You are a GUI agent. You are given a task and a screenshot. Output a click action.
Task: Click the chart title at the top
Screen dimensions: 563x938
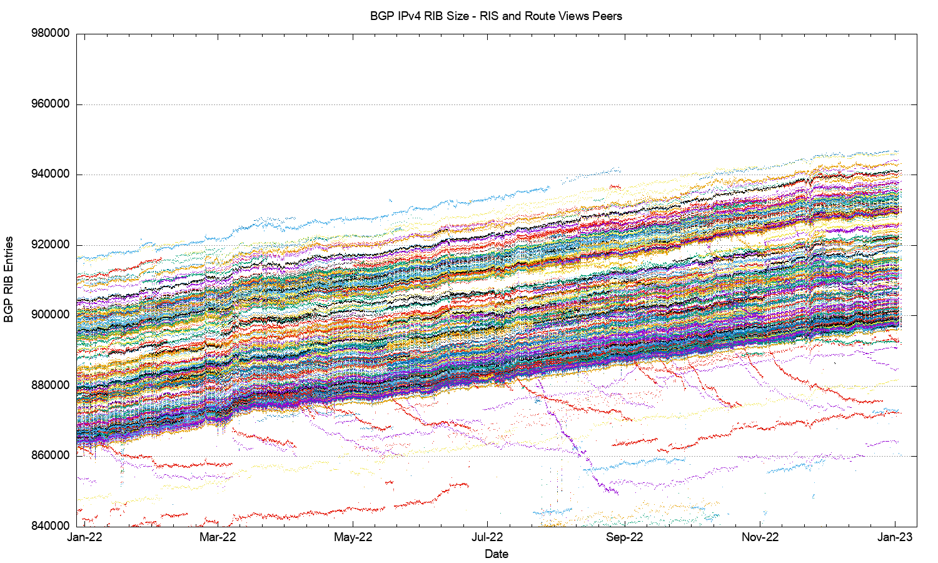pos(496,16)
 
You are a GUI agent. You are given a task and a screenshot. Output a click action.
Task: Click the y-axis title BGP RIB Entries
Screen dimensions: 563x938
pos(9,279)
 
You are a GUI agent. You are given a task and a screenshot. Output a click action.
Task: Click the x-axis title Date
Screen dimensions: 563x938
pos(497,554)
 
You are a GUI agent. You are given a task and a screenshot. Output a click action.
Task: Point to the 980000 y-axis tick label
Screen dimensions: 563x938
pos(50,34)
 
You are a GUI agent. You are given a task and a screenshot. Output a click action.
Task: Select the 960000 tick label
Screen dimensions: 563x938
pos(50,104)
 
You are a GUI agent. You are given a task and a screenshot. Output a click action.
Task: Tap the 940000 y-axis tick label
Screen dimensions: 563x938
pos(50,175)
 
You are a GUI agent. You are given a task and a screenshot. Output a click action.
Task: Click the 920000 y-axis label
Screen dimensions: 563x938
pos(50,245)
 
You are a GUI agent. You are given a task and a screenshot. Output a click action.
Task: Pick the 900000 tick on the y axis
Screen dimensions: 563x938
pos(50,315)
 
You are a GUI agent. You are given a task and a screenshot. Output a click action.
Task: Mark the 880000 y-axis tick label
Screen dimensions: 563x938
pos(50,386)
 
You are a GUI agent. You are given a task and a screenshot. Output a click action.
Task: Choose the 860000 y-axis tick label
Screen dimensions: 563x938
pos(50,456)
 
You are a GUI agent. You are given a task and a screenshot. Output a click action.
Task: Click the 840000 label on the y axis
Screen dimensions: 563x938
pos(50,526)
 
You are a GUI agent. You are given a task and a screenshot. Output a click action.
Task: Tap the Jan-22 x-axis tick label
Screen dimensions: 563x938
pos(84,537)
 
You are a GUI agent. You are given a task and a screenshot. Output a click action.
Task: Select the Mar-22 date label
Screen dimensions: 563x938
pos(218,537)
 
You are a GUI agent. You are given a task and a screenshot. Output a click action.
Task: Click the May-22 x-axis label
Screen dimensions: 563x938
pos(353,537)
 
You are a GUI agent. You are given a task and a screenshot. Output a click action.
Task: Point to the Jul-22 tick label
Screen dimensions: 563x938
pos(487,537)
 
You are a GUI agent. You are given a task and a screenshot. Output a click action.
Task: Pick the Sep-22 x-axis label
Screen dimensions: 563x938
pos(624,537)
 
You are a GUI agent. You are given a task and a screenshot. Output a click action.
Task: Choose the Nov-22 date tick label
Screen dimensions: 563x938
pos(760,537)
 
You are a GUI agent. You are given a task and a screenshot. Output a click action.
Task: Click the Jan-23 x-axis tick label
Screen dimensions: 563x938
pos(895,537)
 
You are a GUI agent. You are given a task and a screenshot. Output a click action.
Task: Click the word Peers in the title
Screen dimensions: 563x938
pos(608,16)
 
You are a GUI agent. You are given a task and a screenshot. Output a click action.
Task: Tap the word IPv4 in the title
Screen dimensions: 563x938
pos(405,16)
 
